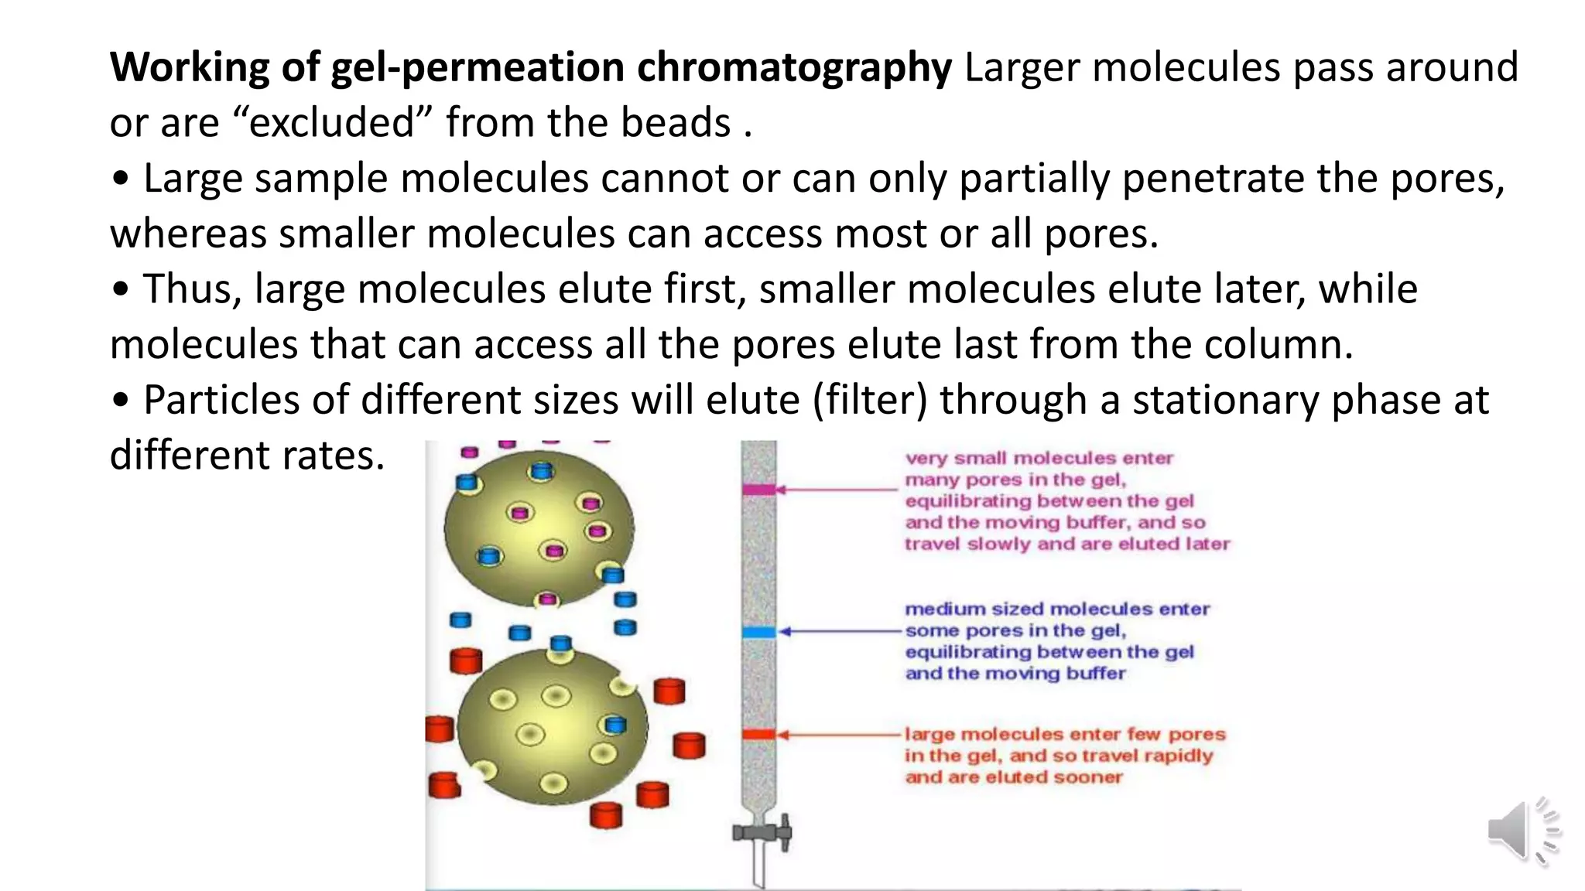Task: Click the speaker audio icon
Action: (x=1522, y=831)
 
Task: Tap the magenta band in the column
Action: (x=758, y=490)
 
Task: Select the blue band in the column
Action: (x=758, y=632)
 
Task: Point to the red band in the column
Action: (x=758, y=734)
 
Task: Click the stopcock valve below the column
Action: (x=762, y=833)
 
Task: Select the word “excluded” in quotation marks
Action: (x=333, y=123)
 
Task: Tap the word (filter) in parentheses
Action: (x=869, y=401)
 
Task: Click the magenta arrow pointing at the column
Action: (x=836, y=490)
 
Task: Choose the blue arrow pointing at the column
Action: (x=840, y=632)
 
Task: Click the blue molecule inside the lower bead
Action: (x=615, y=725)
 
